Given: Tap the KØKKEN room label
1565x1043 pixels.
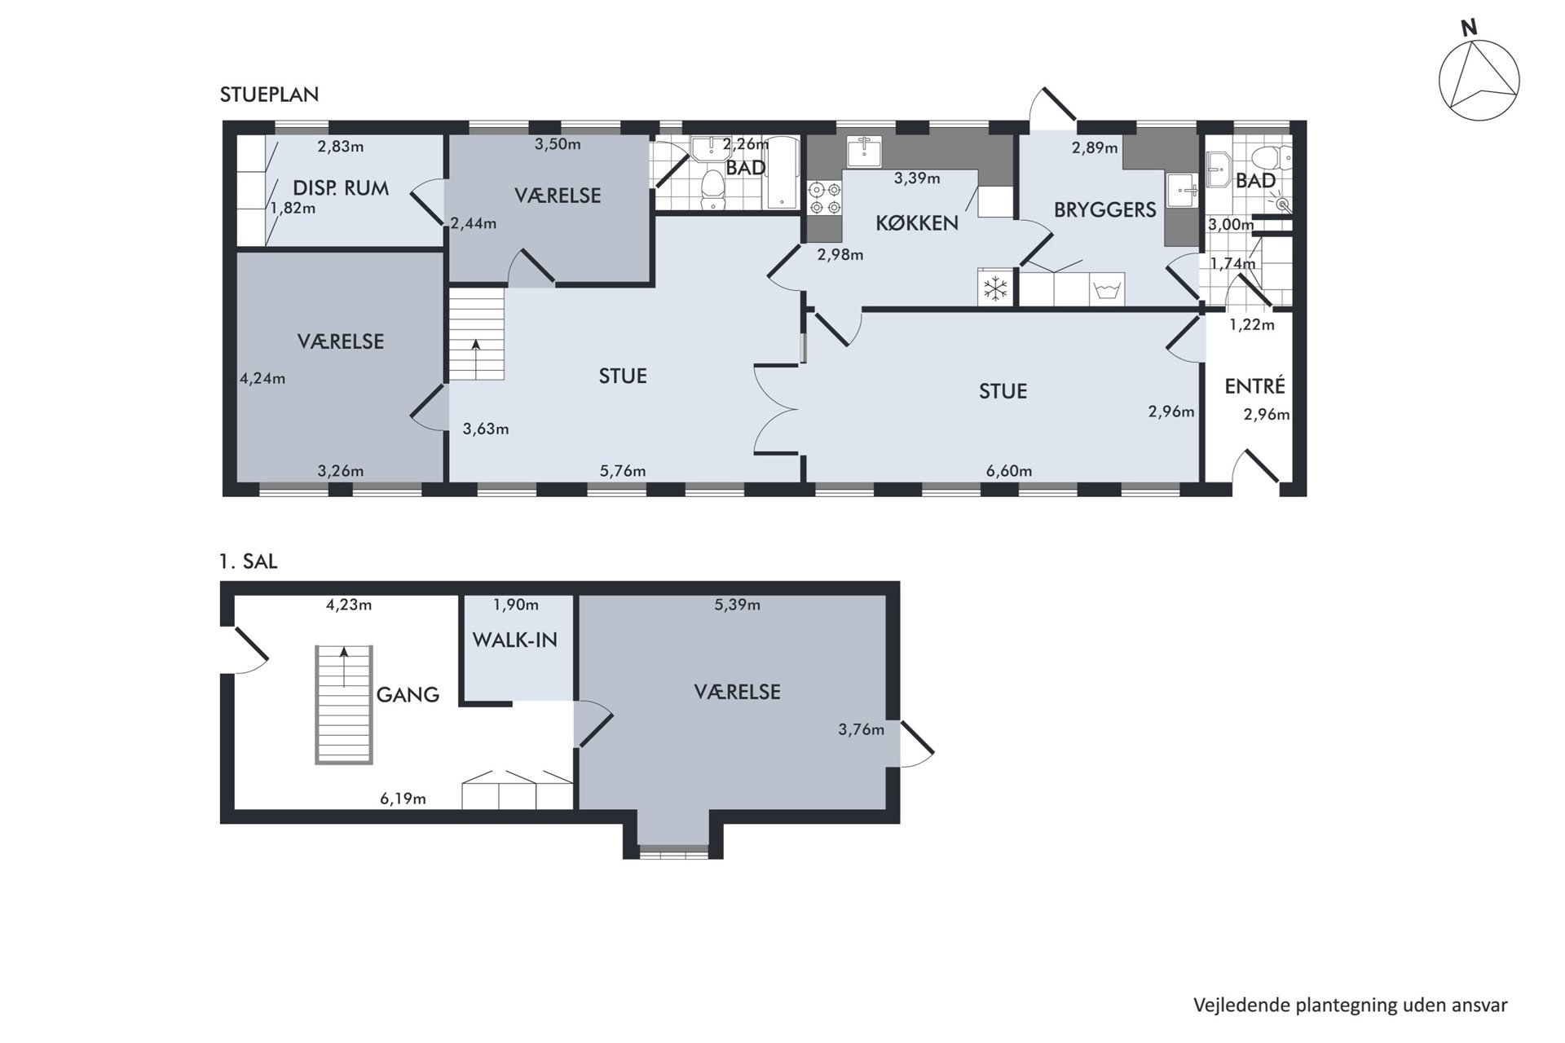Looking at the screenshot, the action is click(x=917, y=222).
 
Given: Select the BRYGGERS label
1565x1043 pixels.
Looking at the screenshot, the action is click(x=1104, y=209).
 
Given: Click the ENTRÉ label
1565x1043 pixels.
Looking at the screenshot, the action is click(x=1254, y=385).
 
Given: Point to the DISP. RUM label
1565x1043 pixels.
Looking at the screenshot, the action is click(x=341, y=188).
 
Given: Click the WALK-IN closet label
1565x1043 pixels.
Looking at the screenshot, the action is click(x=514, y=640).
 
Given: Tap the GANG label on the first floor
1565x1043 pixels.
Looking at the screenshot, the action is click(x=408, y=694).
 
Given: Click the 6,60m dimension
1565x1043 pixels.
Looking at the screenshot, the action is click(x=1009, y=471).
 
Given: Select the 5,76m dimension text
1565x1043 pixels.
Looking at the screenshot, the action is click(x=623, y=471).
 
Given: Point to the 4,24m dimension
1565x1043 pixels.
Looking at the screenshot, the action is click(x=262, y=378).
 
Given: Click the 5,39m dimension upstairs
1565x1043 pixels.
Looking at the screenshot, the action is click(x=737, y=605).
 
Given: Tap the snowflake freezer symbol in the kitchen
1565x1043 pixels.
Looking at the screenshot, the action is click(x=994, y=288).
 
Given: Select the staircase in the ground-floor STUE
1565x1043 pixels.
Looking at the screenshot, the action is click(x=476, y=335).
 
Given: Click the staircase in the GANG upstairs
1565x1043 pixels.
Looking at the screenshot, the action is click(x=344, y=705).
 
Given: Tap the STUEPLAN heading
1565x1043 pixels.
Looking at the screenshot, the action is click(x=269, y=95).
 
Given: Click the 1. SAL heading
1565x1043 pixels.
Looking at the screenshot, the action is click(x=249, y=561).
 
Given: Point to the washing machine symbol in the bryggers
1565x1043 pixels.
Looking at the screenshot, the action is click(x=1108, y=289).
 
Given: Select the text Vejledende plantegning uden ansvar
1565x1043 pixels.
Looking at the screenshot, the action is click(x=1351, y=1005).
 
